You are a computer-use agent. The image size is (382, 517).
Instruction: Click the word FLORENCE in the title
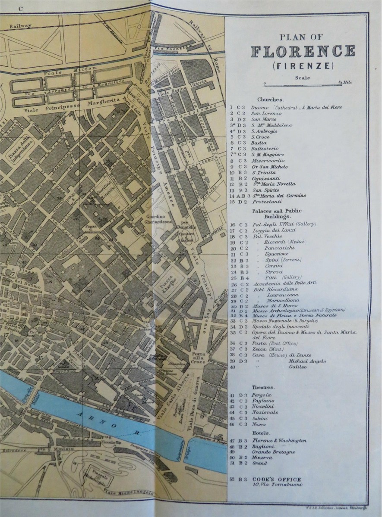click(303, 51)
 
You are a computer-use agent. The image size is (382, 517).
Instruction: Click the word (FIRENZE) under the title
click(303, 66)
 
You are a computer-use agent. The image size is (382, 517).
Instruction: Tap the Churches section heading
click(270, 99)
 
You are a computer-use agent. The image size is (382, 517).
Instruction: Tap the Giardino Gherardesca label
click(158, 218)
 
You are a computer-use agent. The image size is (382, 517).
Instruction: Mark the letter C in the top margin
click(20, 8)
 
